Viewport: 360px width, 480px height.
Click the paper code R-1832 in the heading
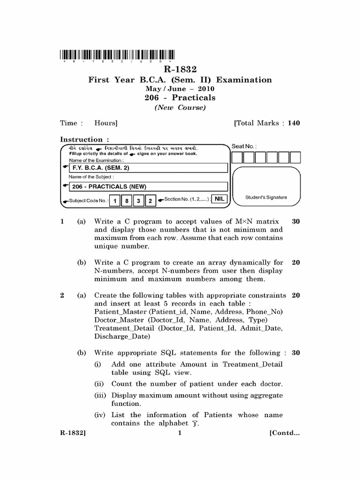tap(180, 70)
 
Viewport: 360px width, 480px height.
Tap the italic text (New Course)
tap(180, 108)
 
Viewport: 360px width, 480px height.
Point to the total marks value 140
tap(294, 123)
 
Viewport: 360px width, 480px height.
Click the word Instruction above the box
tap(81, 139)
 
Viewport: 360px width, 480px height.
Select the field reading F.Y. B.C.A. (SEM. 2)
tap(148, 168)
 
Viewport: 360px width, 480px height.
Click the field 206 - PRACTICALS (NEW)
tap(148, 187)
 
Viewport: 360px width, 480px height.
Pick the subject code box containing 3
tap(139, 201)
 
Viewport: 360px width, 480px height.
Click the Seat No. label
tap(244, 146)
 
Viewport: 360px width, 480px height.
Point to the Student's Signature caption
tap(266, 197)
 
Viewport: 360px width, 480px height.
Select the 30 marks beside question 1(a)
tap(296, 221)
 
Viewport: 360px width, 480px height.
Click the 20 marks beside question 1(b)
tap(296, 262)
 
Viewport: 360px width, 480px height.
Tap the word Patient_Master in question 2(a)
tap(119, 312)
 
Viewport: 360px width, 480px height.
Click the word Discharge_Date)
tap(122, 337)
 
